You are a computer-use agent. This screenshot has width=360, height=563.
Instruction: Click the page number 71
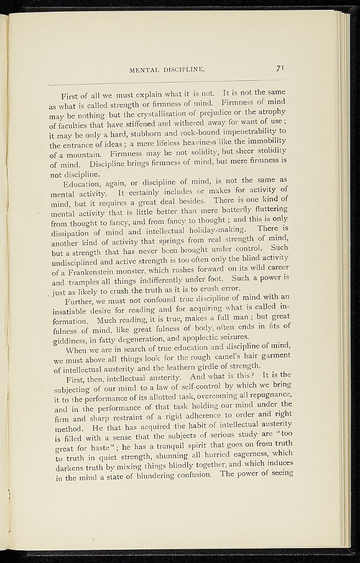point(280,68)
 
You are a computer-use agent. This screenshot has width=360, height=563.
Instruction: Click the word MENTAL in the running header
point(143,70)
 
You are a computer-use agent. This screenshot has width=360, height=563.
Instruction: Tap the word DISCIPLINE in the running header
point(183,70)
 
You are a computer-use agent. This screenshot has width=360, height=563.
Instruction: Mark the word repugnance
point(264,399)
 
